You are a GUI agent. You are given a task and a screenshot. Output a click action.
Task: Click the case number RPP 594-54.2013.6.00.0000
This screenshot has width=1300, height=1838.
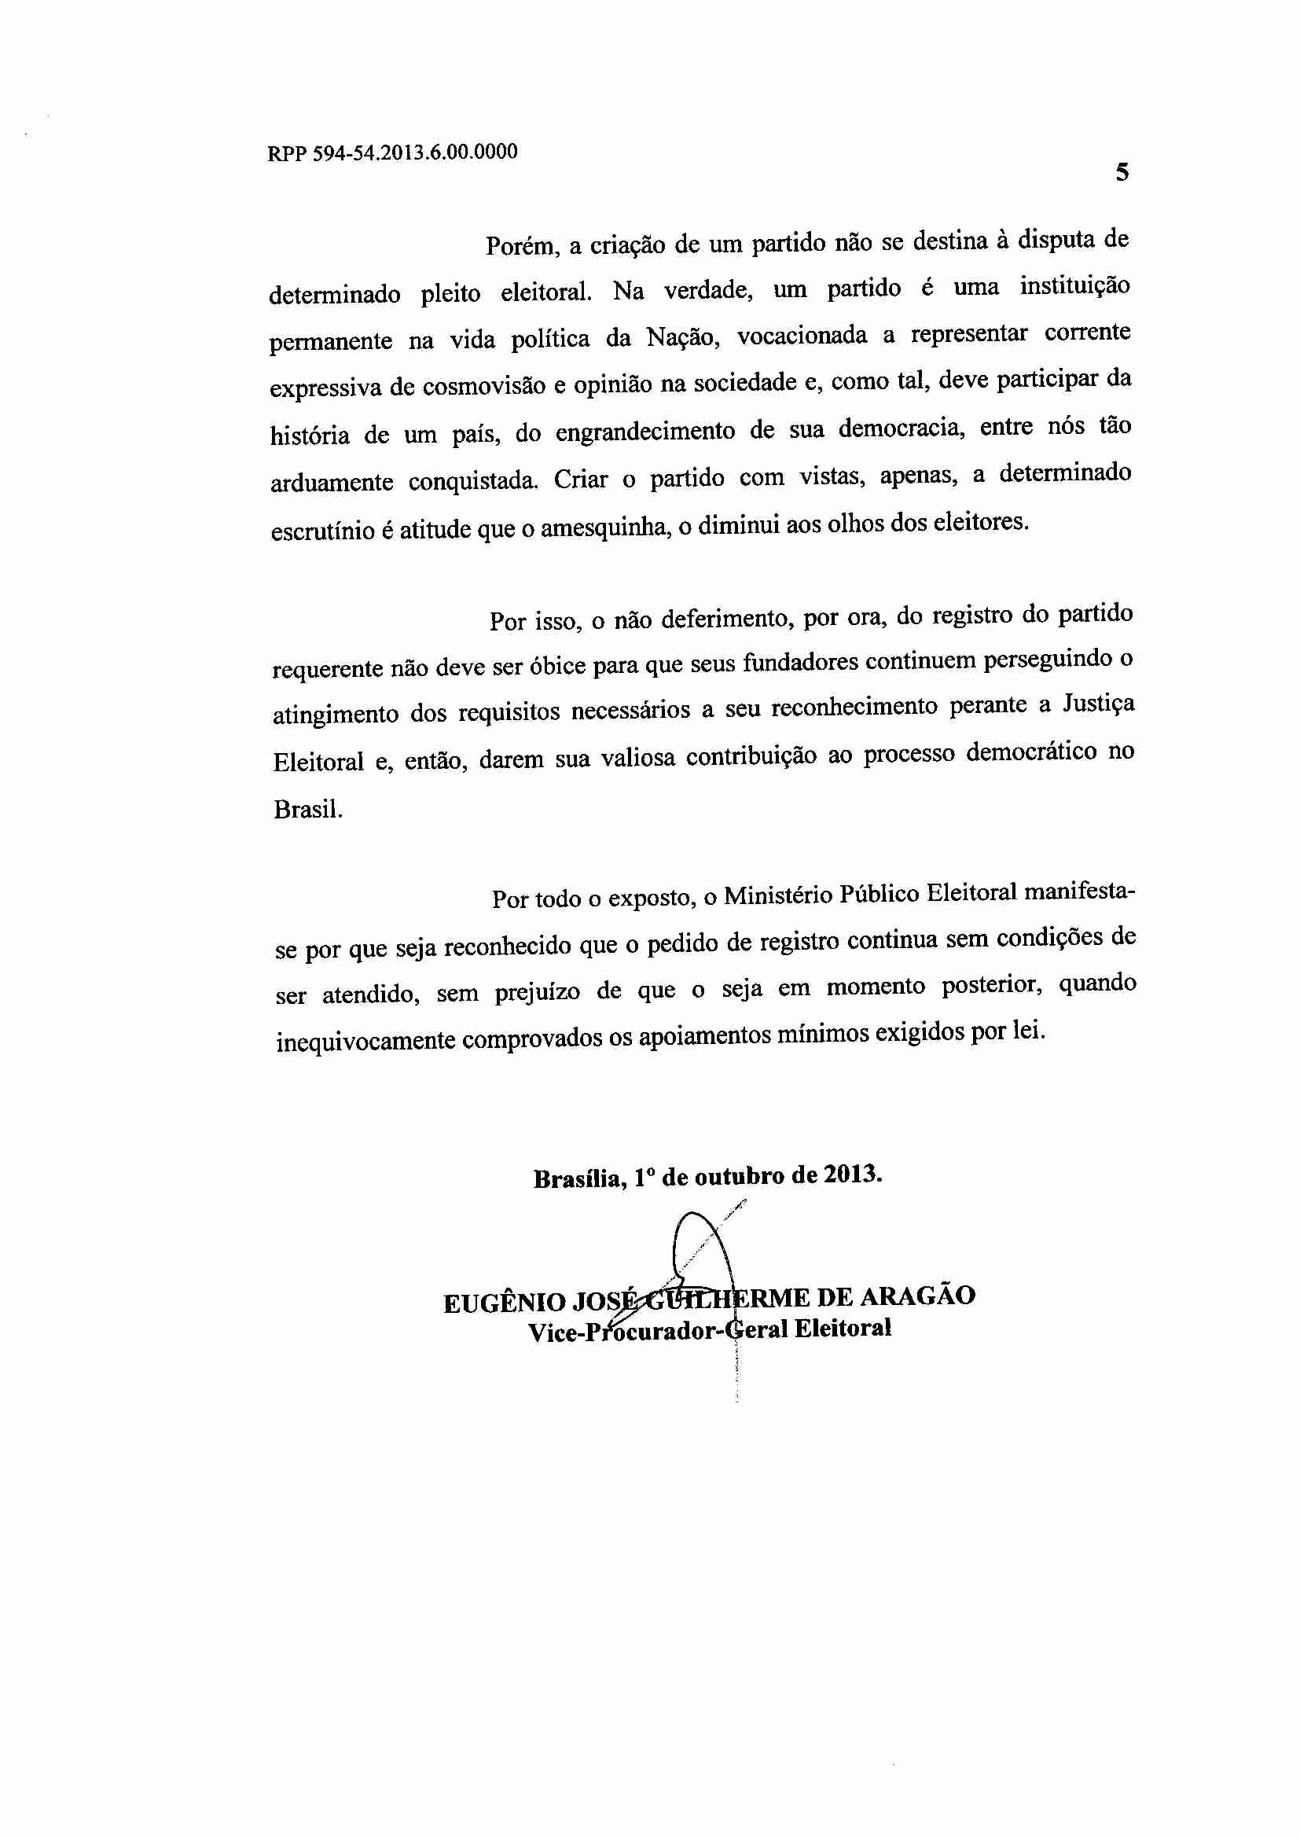[392, 152]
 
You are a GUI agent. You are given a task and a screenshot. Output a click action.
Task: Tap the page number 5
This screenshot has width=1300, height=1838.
[1122, 172]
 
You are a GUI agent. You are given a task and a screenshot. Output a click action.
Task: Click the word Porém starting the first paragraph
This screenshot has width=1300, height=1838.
[520, 245]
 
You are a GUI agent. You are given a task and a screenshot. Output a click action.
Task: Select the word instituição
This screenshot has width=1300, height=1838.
[1074, 286]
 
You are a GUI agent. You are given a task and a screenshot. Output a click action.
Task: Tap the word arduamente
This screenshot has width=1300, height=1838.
[332, 483]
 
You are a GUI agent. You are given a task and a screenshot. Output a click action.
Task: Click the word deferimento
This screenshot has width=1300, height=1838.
[725, 618]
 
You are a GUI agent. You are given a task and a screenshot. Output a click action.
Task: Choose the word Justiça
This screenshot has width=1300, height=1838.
[1098, 704]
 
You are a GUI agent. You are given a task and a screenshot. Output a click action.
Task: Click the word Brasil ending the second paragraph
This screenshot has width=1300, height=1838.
[307, 809]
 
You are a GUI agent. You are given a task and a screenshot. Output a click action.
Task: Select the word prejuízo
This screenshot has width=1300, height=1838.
[536, 993]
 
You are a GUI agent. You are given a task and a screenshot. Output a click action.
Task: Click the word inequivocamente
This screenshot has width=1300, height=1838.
[365, 1042]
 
